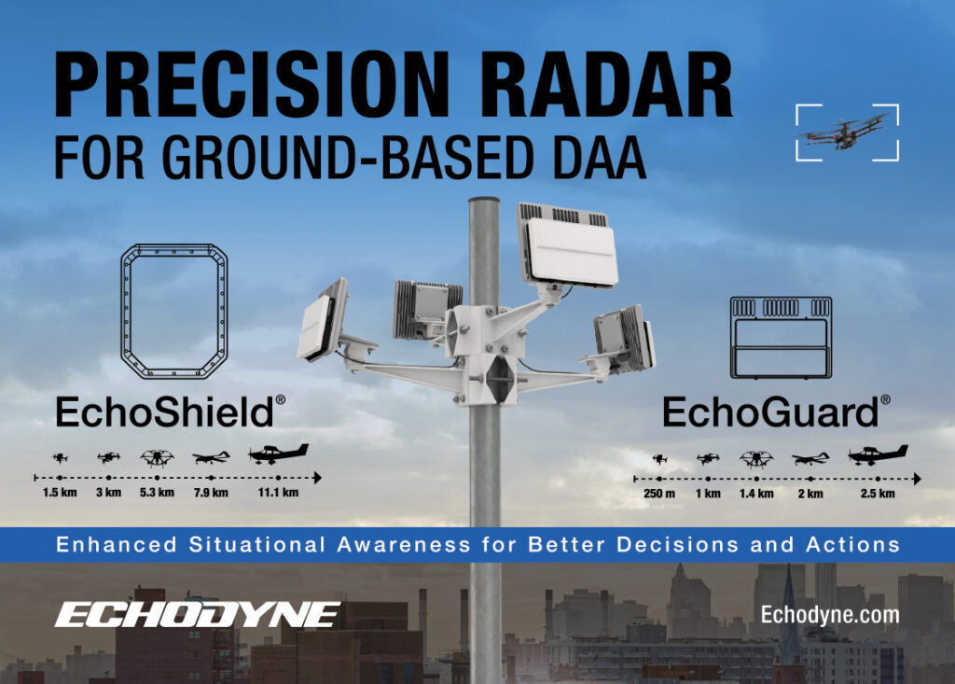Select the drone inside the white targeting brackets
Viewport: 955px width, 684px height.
(846, 132)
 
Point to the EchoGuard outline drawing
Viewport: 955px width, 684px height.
(781, 299)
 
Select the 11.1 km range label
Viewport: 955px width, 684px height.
(278, 493)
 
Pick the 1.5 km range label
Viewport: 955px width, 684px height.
(60, 493)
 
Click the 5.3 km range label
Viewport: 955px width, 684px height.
(157, 493)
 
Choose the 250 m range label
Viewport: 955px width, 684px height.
(659, 494)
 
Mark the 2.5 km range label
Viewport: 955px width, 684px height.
(878, 494)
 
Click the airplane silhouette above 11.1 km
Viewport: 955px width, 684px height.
(278, 454)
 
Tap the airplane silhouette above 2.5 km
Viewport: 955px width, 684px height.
(878, 454)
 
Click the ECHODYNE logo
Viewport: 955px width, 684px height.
(198, 615)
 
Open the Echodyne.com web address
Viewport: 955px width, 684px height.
(830, 615)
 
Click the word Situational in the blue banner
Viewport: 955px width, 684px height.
(257, 544)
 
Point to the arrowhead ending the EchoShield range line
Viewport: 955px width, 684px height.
(317, 478)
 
